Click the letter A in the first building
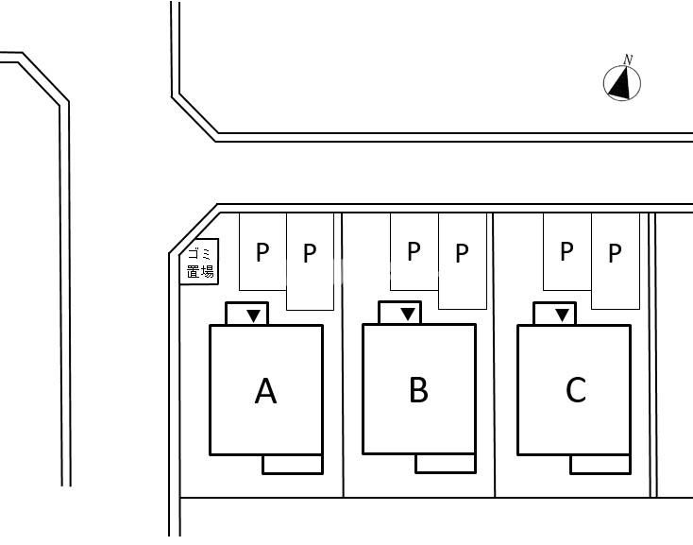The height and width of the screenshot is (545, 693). (x=265, y=391)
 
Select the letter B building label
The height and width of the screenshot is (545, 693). (x=418, y=390)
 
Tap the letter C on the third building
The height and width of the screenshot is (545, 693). (x=576, y=390)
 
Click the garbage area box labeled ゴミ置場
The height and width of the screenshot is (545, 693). (x=199, y=262)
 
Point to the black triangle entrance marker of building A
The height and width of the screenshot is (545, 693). (x=254, y=315)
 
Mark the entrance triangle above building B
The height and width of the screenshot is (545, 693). (x=408, y=315)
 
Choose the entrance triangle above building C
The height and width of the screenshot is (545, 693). (x=562, y=315)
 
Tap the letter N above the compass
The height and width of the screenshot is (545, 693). (x=628, y=60)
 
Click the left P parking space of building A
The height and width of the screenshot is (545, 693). (x=262, y=252)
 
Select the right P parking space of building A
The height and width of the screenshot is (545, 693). (x=310, y=262)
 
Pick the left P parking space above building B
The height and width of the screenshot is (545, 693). (x=414, y=251)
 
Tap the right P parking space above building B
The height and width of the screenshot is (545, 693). (x=463, y=262)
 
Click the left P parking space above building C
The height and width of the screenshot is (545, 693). (x=567, y=251)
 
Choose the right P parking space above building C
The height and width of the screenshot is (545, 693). (x=616, y=262)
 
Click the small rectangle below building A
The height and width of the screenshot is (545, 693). (x=293, y=464)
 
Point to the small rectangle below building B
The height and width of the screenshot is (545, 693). (x=446, y=463)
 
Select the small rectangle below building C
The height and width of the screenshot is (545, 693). (x=600, y=464)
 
